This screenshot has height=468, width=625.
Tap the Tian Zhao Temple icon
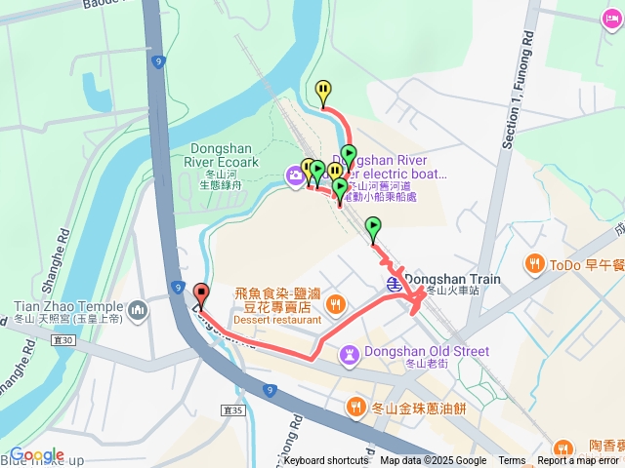point(138,310)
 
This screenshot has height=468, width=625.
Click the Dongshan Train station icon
point(393,284)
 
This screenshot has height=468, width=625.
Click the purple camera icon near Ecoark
point(294,175)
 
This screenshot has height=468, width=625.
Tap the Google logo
point(37,454)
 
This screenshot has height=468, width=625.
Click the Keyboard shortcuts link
point(326,461)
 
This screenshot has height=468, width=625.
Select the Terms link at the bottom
point(512,461)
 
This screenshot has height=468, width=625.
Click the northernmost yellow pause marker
point(322,91)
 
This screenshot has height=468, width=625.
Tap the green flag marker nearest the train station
point(373,229)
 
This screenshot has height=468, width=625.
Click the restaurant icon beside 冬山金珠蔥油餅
point(355,406)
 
